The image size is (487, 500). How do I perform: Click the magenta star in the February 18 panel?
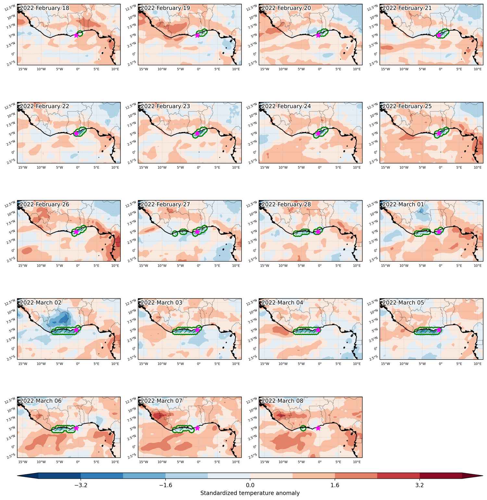76,35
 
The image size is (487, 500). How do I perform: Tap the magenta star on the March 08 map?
318,428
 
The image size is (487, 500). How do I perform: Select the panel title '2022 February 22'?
44,106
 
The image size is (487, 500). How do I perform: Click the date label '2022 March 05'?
403,303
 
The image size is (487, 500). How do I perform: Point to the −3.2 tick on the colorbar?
81,485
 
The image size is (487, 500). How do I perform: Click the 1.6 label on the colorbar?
335,485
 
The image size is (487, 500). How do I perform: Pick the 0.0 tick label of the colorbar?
250,485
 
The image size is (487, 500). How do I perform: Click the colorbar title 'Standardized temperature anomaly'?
250,493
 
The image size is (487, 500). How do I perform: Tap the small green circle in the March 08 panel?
303,428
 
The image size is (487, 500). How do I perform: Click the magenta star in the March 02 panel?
76,330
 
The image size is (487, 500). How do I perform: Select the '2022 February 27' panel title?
165,204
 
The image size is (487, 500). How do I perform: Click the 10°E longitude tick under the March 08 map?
357,462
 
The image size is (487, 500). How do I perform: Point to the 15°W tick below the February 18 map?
23,69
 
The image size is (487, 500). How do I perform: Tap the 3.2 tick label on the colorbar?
419,485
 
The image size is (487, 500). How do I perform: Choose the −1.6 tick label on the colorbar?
166,485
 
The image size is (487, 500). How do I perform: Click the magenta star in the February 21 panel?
439,35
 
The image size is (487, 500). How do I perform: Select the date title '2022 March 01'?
403,204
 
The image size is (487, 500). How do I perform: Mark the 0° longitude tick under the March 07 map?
199,462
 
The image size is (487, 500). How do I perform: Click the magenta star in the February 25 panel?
439,133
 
